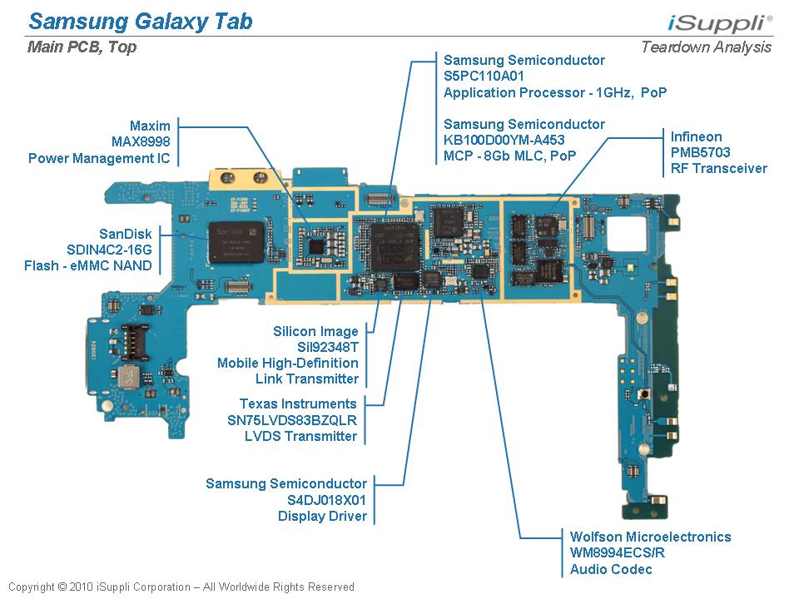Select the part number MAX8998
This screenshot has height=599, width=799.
click(x=141, y=141)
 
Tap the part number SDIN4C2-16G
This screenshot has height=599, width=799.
click(x=109, y=250)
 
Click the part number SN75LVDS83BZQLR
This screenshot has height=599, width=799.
click(x=292, y=420)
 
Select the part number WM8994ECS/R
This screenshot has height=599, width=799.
click(x=618, y=553)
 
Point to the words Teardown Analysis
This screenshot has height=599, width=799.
click(x=706, y=47)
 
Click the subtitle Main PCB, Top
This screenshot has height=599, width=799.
click(x=82, y=47)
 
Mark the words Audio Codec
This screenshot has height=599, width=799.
click(x=611, y=570)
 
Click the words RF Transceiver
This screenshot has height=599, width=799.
click(x=719, y=169)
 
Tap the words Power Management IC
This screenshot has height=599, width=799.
click(x=99, y=158)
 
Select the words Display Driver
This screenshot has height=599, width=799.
click(x=322, y=517)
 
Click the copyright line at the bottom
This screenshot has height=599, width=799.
click(x=181, y=587)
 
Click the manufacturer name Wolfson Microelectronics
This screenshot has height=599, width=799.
click(x=650, y=537)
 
